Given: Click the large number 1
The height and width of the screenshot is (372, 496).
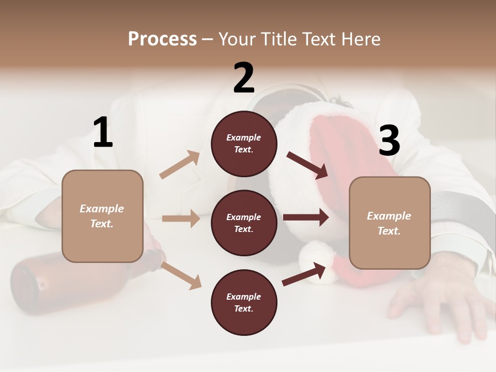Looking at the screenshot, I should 103,133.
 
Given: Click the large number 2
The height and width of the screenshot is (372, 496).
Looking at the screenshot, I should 244,78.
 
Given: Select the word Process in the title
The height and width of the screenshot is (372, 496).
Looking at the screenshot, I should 162,39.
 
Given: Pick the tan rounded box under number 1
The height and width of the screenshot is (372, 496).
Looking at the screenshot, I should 102,216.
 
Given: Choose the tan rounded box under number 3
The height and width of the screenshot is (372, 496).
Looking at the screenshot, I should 390,223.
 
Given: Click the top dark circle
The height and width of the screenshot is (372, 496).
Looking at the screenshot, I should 244,144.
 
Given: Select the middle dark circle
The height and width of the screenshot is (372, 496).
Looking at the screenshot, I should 244,223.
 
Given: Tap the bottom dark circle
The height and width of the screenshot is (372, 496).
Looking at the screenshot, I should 244,303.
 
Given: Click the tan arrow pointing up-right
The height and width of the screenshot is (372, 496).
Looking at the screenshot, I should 180,164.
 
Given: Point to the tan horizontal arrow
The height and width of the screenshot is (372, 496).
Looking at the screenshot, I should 181,219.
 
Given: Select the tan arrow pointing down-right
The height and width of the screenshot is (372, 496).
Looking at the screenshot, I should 181,275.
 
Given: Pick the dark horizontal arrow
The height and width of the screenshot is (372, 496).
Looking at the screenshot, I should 306,218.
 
